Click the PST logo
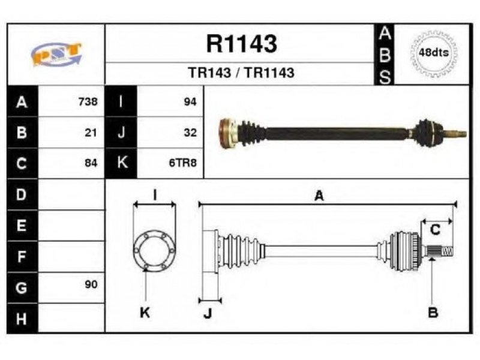pos(56,54)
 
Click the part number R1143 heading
pos(242,44)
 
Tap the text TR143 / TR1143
pos(241,73)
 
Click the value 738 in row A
pos(88,101)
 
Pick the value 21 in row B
pos(91,133)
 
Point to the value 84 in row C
pos(91,163)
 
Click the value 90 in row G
pos(91,284)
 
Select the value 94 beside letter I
pos(190,101)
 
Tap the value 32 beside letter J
pos(190,133)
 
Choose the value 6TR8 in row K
pos(183,163)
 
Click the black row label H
pos(22,319)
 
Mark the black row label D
pos(22,194)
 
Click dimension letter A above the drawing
pos(319,196)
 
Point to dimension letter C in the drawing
pos(435,230)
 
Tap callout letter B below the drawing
pos(433,313)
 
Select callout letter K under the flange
pos(145,313)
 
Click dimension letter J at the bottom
pos(208,313)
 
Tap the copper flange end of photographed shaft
pos(227,133)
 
